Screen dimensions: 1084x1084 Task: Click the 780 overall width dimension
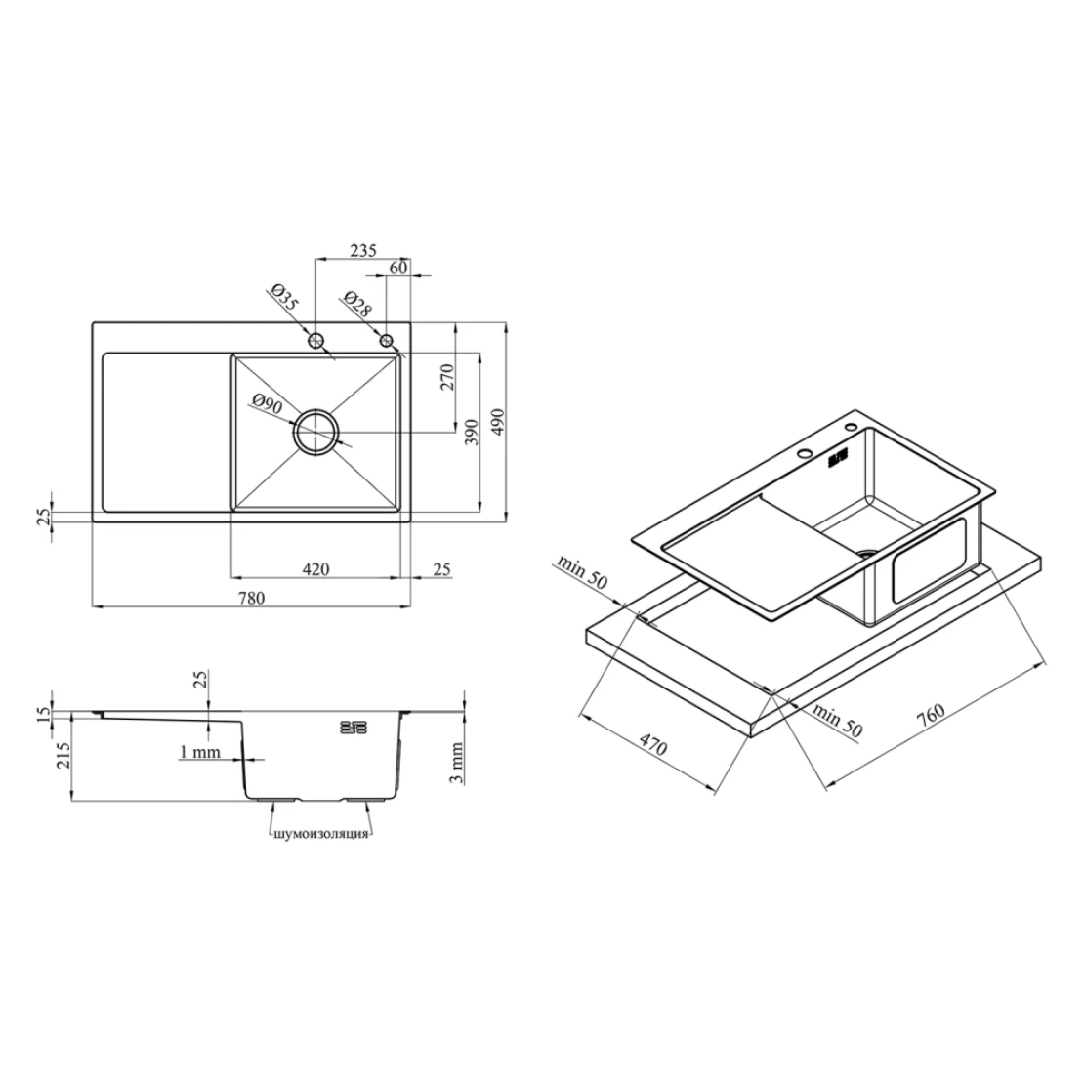(x=252, y=597)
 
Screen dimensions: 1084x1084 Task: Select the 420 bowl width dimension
(x=316, y=569)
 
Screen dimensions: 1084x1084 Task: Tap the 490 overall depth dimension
(x=498, y=422)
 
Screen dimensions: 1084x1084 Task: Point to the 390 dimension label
(x=473, y=432)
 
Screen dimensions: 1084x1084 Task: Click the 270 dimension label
(x=447, y=378)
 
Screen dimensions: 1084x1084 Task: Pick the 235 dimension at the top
(x=362, y=250)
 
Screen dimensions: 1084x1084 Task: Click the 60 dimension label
(x=398, y=268)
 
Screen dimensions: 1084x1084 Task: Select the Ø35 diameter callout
(x=285, y=298)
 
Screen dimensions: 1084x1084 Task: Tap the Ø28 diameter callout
(x=357, y=304)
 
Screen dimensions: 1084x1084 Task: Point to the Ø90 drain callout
(x=268, y=403)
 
